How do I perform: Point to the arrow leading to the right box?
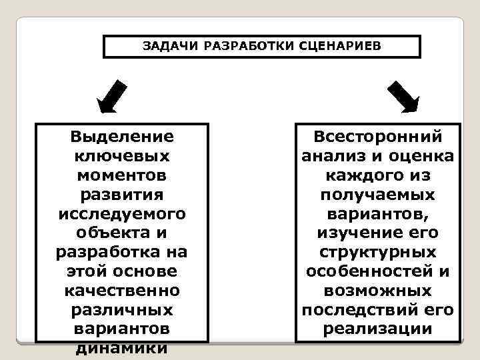[x=403, y=96]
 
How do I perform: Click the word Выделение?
[x=122, y=137]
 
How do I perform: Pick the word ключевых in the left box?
[x=122, y=157]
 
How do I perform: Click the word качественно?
[x=122, y=292]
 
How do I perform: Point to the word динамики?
[x=122, y=348]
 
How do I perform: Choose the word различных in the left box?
[x=122, y=311]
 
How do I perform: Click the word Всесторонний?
[x=378, y=137]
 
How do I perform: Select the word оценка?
[x=423, y=157]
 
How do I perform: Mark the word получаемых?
[x=378, y=195]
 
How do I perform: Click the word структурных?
[x=378, y=253]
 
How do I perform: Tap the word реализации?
[x=378, y=329]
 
